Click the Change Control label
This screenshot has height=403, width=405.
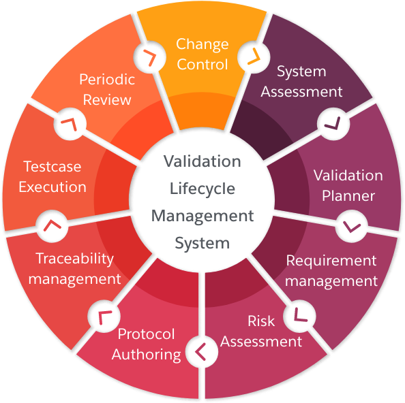tap(202, 54)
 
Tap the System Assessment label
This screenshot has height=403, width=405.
tap(301, 82)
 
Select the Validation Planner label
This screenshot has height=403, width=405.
tap(348, 186)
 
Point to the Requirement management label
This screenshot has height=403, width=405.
tap(331, 271)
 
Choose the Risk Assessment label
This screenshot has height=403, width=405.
tap(261, 332)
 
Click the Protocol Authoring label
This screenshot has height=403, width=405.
tap(146, 344)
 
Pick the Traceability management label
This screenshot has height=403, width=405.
tap(74, 269)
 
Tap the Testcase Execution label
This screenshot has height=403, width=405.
tap(52, 176)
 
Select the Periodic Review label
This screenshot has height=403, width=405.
tap(107, 90)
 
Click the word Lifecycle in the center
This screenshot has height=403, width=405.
tap(202, 189)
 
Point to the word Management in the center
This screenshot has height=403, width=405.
tap(202, 216)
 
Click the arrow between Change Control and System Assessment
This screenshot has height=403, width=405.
tap(254, 57)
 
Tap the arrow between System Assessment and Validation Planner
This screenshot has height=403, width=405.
tap(333, 123)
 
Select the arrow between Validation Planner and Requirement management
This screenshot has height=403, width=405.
tap(351, 227)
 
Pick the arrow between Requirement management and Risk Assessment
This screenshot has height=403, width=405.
tap(299, 315)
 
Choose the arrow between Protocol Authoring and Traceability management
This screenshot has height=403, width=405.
tap(104, 317)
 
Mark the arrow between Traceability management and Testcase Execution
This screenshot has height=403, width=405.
tap(52, 225)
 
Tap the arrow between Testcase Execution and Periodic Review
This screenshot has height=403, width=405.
tap(70, 124)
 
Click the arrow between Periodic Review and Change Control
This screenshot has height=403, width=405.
tap(150, 57)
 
